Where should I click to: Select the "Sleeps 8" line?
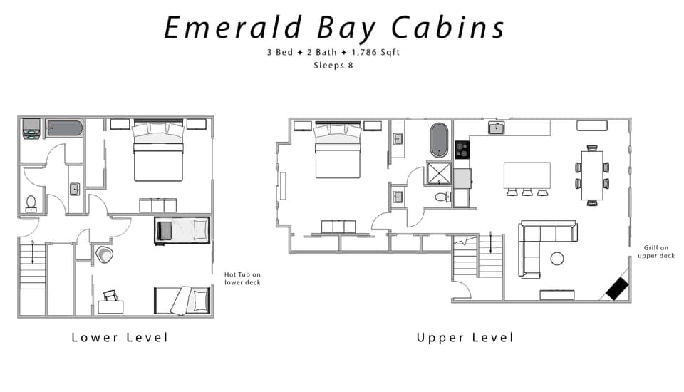[x=333, y=65]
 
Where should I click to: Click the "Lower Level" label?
[x=120, y=337]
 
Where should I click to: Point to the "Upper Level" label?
[x=465, y=337]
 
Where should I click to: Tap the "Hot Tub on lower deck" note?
[x=242, y=278]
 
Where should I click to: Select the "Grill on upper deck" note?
[x=655, y=251]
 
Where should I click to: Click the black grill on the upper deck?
[x=616, y=288]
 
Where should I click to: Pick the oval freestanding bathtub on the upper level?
[x=439, y=139]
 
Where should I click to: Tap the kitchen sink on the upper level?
[x=497, y=128]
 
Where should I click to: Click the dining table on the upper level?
[x=591, y=175]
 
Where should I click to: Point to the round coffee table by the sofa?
[x=557, y=258]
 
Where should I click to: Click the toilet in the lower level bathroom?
[x=31, y=204]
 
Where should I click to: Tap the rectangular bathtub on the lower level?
[x=65, y=129]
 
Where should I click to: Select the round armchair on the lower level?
[x=104, y=254]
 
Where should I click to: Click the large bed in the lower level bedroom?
[x=158, y=153]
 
